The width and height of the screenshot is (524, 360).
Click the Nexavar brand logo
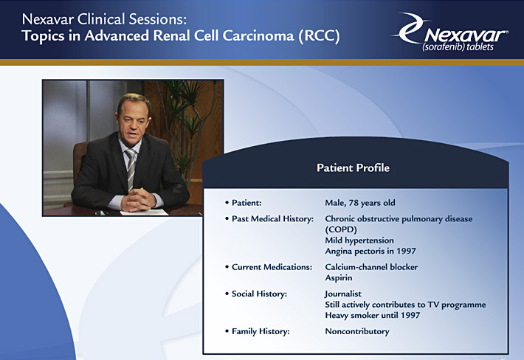pyautogui.click(x=450, y=32)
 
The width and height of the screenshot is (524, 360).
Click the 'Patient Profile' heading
pyautogui.click(x=353, y=167)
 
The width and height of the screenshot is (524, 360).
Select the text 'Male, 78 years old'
pyautogui.click(x=360, y=203)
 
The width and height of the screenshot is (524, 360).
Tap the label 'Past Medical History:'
pyautogui.click(x=272, y=219)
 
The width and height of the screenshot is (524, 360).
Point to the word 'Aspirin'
pyautogui.click(x=339, y=277)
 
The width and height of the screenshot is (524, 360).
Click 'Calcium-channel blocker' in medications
pyautogui.click(x=371, y=267)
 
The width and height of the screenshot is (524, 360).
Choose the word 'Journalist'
pyautogui.click(x=343, y=294)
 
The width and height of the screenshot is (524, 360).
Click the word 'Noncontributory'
pyautogui.click(x=357, y=331)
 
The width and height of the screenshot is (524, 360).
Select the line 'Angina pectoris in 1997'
pyautogui.click(x=370, y=251)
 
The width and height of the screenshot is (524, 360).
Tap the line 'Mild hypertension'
pyautogui.click(x=359, y=240)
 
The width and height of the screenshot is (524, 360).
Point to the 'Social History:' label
pyautogui.click(x=259, y=294)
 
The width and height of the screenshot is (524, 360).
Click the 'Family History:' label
pyautogui.click(x=261, y=331)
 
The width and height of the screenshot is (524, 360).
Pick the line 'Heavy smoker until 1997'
pyautogui.click(x=372, y=315)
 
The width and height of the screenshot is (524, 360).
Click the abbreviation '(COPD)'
pyautogui.click(x=341, y=229)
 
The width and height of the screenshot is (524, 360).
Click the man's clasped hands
pyautogui.click(x=138, y=200)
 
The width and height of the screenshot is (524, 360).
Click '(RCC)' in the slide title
pyautogui.click(x=319, y=35)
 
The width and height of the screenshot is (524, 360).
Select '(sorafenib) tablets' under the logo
pyautogui.click(x=458, y=46)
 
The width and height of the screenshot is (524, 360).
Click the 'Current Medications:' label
pyautogui.click(x=272, y=267)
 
